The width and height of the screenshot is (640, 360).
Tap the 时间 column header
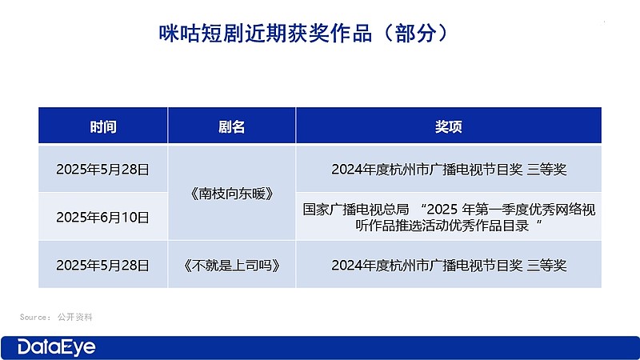(103, 126)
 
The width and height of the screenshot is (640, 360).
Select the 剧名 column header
(231, 126)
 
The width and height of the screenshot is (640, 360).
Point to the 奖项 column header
(448, 126)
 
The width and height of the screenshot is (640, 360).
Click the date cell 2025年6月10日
(103, 216)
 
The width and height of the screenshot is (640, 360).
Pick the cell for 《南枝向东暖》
(231, 193)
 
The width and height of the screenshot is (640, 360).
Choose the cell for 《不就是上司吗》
(231, 265)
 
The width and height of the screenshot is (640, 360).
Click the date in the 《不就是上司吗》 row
(103, 265)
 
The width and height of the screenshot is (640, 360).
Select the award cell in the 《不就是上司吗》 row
(448, 265)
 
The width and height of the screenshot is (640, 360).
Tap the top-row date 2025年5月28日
(103, 169)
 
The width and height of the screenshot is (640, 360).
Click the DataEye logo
(57, 346)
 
